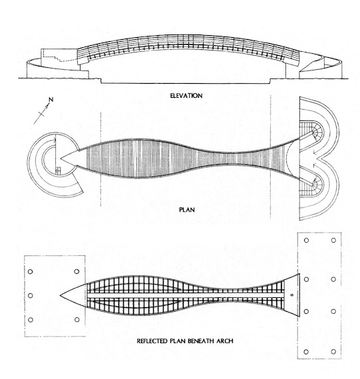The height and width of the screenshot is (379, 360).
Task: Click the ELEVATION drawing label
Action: (x=186, y=96)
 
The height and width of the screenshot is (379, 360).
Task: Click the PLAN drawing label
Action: (x=187, y=209)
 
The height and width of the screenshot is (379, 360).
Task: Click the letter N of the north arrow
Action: (x=51, y=100)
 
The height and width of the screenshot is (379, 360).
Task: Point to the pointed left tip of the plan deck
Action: (x=61, y=159)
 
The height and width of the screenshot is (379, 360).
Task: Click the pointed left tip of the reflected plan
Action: (x=61, y=295)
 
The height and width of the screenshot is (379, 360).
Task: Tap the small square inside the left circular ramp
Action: (x=57, y=170)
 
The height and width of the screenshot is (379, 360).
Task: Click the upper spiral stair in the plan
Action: (x=315, y=133)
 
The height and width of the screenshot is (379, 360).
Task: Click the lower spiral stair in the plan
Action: (x=315, y=185)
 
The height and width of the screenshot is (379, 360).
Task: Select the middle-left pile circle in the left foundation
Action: (x=31, y=295)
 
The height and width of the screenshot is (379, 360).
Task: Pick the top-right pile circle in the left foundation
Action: (x=77, y=271)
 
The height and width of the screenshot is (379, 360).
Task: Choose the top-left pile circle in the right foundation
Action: (x=306, y=240)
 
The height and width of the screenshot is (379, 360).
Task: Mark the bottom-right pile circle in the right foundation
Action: (x=333, y=352)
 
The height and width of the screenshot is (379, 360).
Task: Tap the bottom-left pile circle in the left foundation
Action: (x=31, y=320)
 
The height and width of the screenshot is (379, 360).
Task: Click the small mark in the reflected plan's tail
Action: (x=291, y=295)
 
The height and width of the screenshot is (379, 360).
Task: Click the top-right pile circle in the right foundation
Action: (x=333, y=240)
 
